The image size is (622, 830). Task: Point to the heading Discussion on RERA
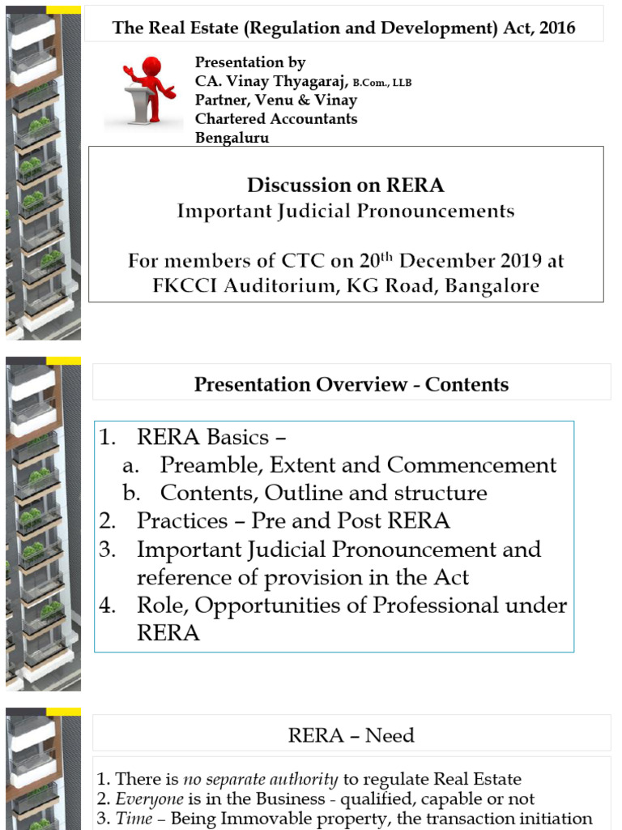[346, 185]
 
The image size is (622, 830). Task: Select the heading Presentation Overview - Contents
[351, 384]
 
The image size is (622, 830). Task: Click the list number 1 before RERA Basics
[107, 438]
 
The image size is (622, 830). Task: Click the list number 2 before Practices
[107, 520]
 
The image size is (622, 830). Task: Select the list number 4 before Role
[107, 605]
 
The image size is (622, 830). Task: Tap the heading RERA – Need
[351, 736]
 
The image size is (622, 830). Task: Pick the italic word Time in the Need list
[130, 819]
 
